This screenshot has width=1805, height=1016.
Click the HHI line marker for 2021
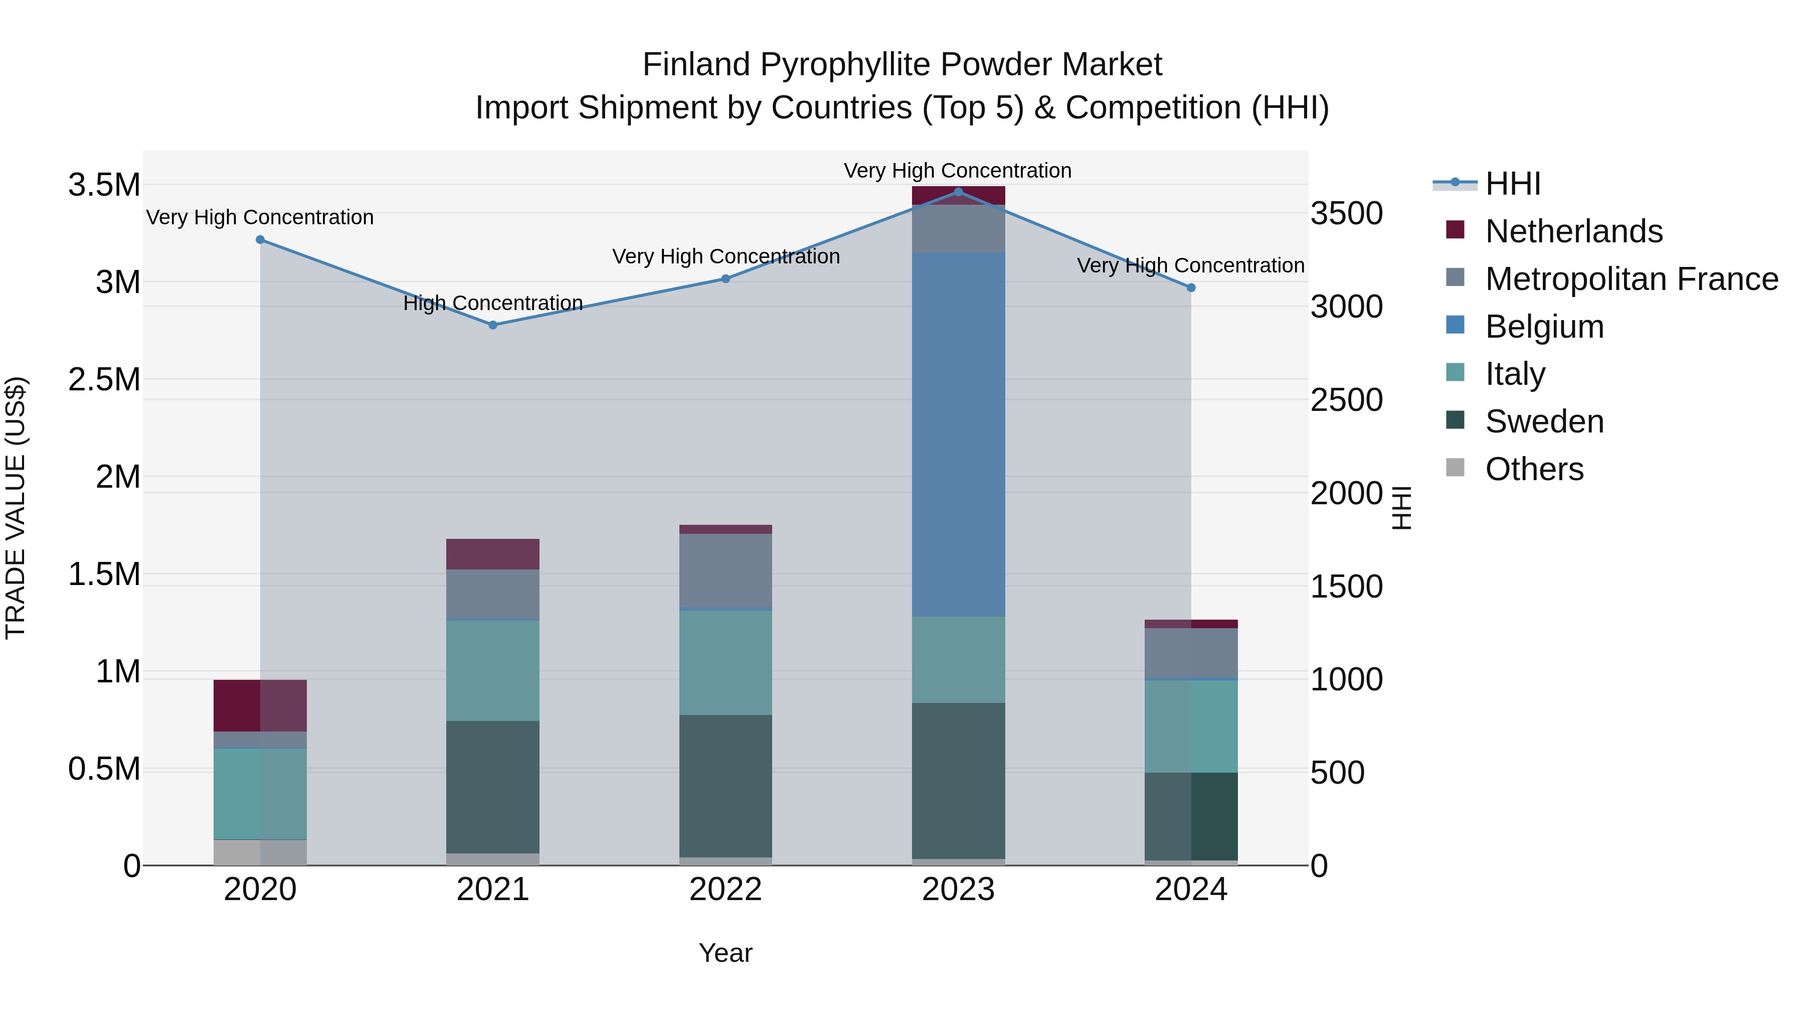pos(492,325)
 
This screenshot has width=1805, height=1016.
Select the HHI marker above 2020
pos(260,240)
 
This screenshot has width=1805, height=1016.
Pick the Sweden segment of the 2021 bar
pos(492,787)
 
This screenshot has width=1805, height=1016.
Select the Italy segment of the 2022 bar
pos(725,663)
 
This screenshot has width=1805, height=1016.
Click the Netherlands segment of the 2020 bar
pos(260,705)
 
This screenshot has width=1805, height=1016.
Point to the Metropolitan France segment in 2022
pos(725,570)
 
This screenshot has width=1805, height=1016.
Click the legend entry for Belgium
pos(1544,327)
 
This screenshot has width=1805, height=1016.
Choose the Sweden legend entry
pos(1544,421)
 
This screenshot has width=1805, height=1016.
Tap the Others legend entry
pos(1534,469)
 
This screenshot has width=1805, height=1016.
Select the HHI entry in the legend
pos(1512,184)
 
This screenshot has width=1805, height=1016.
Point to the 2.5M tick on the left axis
pos(104,379)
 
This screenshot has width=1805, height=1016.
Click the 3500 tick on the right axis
pos(1346,213)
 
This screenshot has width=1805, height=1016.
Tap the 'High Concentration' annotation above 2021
pos(492,303)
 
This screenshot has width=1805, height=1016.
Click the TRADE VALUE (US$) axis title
pos(16,508)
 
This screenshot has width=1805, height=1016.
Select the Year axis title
pos(725,953)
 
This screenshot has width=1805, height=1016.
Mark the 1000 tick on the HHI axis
pos(1346,679)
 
